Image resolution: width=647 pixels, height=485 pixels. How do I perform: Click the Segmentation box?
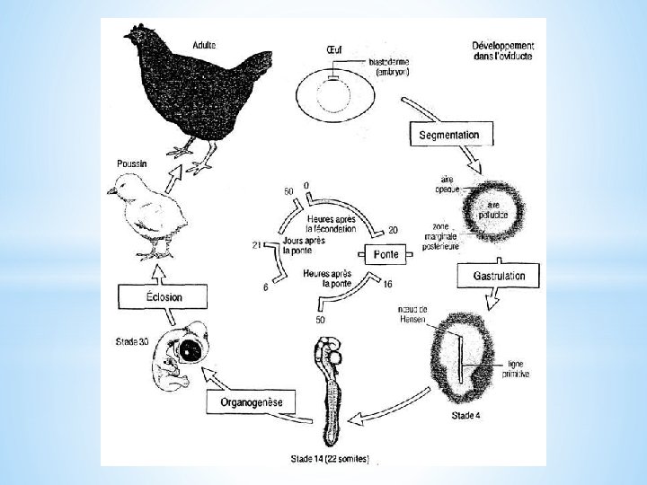(x=456, y=136)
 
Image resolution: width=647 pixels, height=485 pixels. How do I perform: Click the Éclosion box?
(x=152, y=297)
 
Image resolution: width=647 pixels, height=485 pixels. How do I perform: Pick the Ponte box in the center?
(x=387, y=254)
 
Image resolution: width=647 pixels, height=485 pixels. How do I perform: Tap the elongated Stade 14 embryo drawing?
(x=331, y=386)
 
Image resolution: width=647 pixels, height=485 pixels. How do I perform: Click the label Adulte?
(x=204, y=46)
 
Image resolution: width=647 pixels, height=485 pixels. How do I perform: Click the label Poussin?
(x=134, y=164)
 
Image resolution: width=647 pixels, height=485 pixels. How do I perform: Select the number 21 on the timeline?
(x=256, y=244)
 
